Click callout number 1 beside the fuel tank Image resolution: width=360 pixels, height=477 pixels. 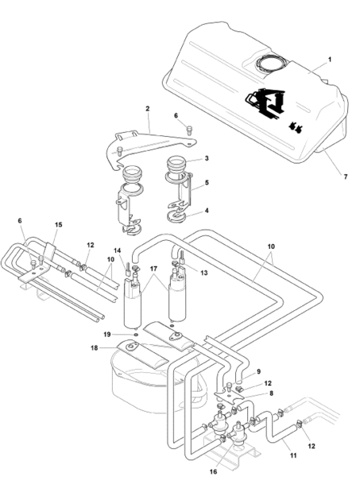330,60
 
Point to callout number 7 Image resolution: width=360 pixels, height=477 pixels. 346,176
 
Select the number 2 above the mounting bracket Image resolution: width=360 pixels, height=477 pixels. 148,108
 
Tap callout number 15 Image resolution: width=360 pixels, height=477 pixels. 58,224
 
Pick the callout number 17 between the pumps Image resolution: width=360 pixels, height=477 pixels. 153,269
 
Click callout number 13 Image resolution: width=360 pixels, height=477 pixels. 204,273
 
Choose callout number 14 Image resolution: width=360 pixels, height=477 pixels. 118,250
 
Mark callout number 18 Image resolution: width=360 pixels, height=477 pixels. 95,347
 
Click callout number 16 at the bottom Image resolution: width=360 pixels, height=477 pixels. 214,471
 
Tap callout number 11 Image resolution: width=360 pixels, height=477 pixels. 293,456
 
